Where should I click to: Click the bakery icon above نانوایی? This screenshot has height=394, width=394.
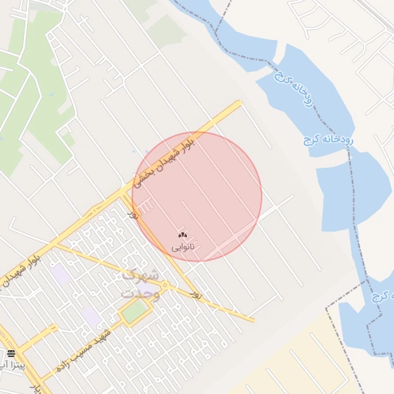point(182,235)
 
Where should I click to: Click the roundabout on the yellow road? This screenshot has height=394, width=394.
point(166,286)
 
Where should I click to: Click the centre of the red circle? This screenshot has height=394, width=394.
point(197,196)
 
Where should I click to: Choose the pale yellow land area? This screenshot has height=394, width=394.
point(308,362)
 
